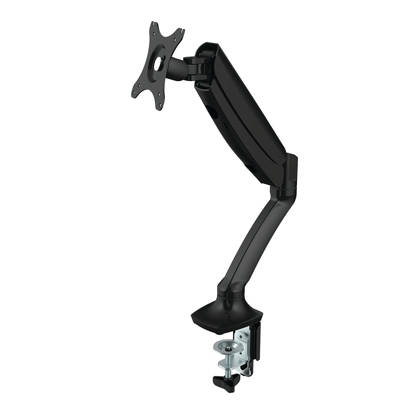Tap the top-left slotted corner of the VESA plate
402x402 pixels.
click(x=153, y=27)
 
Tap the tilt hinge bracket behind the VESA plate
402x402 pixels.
click(x=197, y=66)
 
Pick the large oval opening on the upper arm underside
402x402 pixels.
click(x=214, y=114)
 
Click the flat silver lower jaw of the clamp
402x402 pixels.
click(x=235, y=364)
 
